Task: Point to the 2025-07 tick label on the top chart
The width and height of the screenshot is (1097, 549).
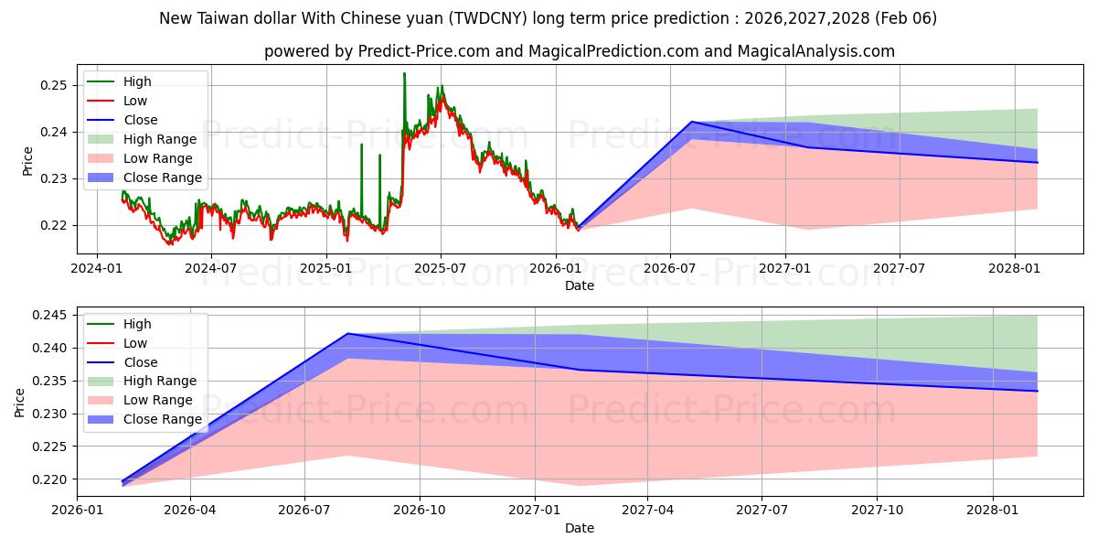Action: [x=441, y=268]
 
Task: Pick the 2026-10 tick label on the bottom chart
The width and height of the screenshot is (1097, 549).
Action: [x=420, y=510]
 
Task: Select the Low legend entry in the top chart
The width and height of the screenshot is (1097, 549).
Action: [x=135, y=101]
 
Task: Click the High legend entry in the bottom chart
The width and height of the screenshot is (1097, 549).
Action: [x=137, y=324]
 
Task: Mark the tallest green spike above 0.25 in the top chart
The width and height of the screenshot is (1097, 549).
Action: [x=404, y=73]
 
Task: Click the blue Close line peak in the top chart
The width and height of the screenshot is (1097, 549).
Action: [x=692, y=122]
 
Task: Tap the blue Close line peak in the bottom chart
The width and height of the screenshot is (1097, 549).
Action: [x=348, y=334]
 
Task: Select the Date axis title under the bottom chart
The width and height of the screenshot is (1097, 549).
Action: [x=579, y=528]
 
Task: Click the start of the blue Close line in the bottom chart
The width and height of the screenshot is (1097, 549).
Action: [x=122, y=481]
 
